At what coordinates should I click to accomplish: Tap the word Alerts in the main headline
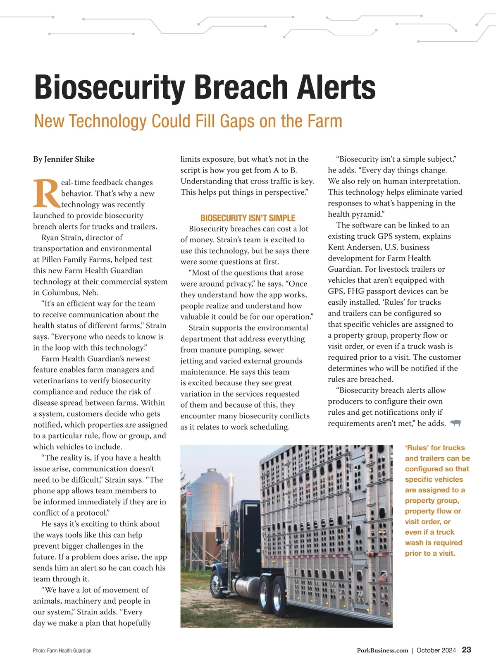pos(335,88)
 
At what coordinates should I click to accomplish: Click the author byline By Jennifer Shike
pos(64,159)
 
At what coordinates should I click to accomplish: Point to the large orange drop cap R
pos(46,193)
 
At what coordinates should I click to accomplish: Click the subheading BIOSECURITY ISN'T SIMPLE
pos(248,218)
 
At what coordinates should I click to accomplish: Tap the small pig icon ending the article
pos(455,423)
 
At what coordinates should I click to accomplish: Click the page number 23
pos(466,650)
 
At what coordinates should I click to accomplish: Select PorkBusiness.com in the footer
pos(382,650)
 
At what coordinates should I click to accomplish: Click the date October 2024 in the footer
pos(436,650)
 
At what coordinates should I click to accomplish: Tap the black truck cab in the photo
pos(244,538)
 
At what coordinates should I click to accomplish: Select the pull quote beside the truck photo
pos(437,500)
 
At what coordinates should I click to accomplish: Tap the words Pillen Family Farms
pos(97,260)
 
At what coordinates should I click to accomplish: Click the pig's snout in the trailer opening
pos(383,576)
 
